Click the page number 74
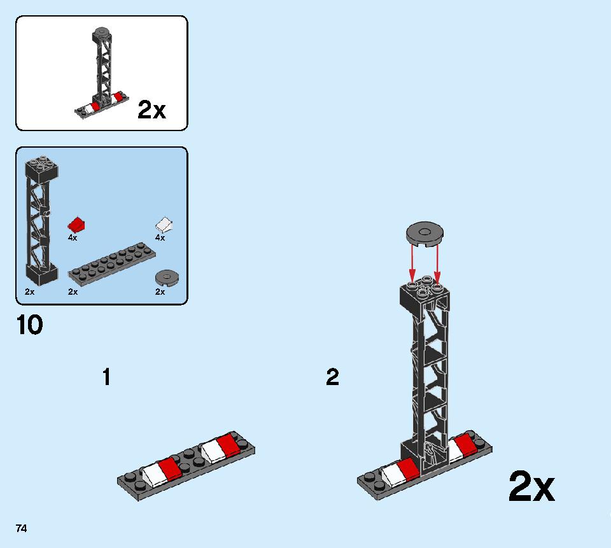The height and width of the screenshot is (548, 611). (21, 528)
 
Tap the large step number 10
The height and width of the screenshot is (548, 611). (30, 325)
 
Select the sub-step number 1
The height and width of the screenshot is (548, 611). (106, 377)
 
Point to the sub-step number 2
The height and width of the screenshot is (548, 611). (332, 377)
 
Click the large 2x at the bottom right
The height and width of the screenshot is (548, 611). (531, 488)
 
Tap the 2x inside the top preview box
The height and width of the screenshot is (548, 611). (151, 111)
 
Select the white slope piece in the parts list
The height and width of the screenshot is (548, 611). (164, 225)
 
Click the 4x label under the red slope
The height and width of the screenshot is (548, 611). (73, 238)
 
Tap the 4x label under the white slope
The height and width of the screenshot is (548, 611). (160, 238)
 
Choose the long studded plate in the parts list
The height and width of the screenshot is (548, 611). (111, 264)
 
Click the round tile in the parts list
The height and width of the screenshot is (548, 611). (167, 277)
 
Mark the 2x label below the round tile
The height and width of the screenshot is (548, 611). (160, 292)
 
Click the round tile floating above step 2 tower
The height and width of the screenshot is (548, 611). (425, 233)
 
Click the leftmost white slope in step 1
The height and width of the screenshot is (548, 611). (153, 473)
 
